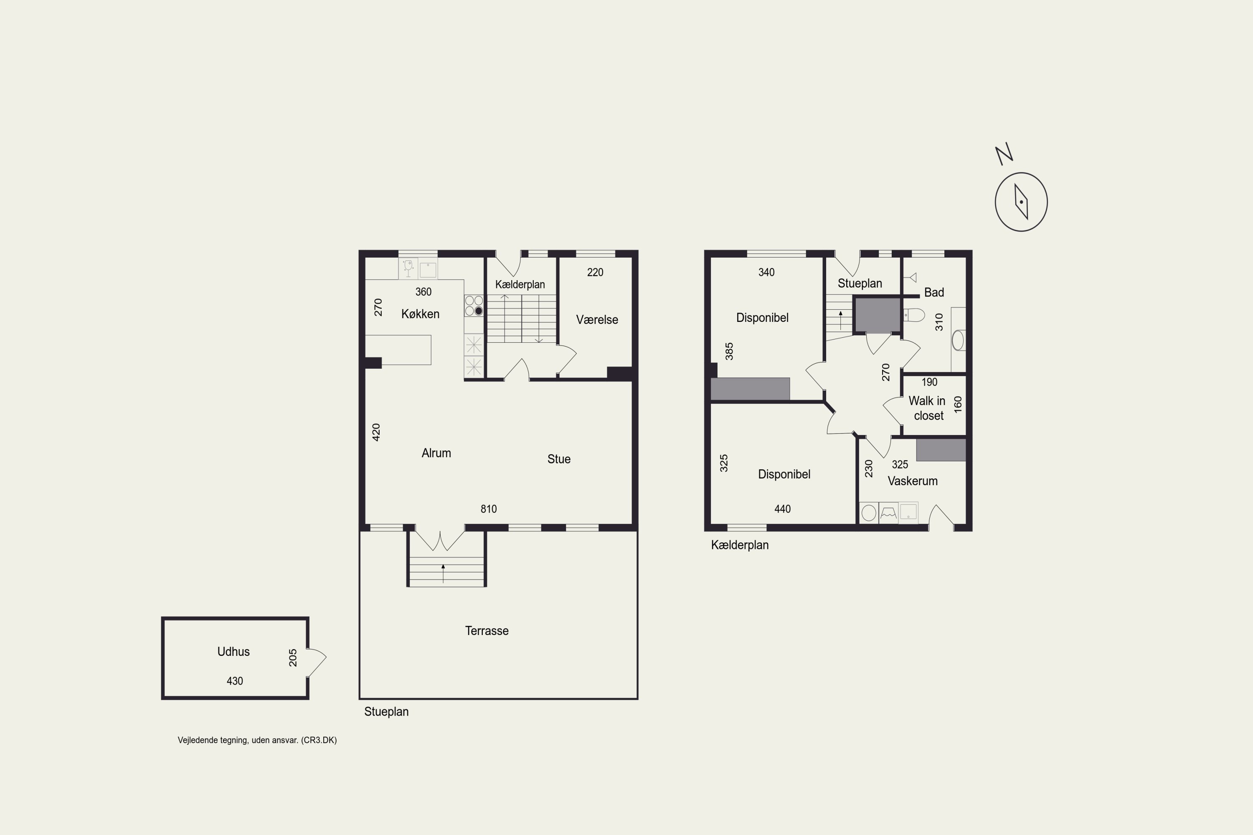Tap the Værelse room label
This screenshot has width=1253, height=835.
click(597, 319)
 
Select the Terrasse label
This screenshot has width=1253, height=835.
click(487, 630)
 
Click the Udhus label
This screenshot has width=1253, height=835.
click(233, 651)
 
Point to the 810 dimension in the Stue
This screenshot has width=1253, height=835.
click(489, 509)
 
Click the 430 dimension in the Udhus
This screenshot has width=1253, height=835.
click(234, 681)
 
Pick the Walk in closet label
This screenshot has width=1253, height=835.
click(928, 408)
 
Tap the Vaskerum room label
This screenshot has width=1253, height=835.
click(913, 481)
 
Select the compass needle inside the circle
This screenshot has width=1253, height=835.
click(1021, 202)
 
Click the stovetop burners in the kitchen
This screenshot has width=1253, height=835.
click(474, 306)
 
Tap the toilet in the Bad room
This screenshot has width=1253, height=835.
click(914, 315)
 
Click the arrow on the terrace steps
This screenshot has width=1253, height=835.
click(443, 573)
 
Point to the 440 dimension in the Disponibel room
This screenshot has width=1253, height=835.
click(782, 509)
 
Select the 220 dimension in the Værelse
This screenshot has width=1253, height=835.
click(595, 273)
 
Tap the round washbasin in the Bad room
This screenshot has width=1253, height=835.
click(958, 340)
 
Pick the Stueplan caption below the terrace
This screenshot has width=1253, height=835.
click(386, 712)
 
